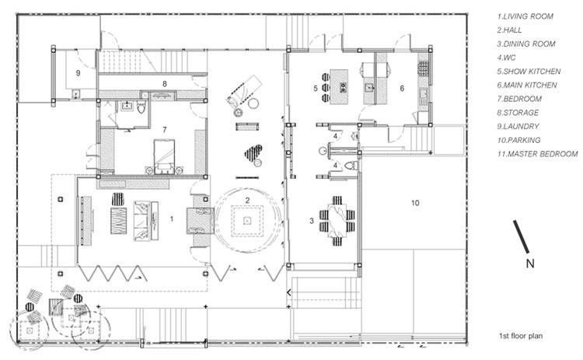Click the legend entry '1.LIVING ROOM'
click(525, 16)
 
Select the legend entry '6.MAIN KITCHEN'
click(527, 86)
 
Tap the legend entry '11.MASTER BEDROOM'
click(538, 154)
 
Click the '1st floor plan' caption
click(521, 336)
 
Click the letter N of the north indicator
click(530, 264)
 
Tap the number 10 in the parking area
click(415, 203)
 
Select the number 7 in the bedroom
click(164, 129)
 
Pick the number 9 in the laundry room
click(78, 73)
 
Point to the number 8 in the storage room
click(164, 84)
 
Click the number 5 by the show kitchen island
click(316, 88)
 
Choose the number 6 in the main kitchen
click(402, 88)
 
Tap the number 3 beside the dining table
click(312, 221)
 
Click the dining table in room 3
click(337, 221)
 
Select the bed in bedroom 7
click(164, 156)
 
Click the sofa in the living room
click(142, 221)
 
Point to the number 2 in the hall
click(247, 201)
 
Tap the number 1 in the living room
click(172, 219)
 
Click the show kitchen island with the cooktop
click(339, 86)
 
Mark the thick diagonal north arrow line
click(521, 236)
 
